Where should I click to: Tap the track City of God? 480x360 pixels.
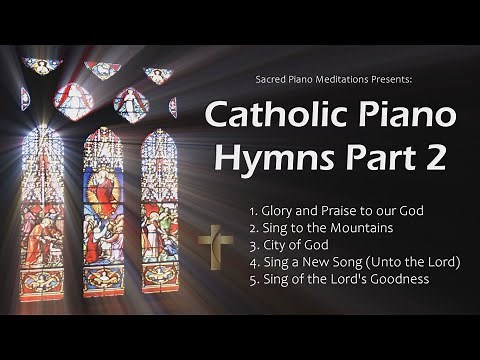pos(288,246)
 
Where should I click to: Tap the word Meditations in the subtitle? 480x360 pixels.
pos(344,75)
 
